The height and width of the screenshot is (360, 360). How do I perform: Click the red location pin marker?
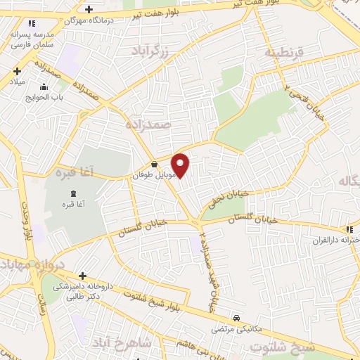pyautogui.click(x=181, y=165)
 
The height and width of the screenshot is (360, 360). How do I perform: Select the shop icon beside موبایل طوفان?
pyautogui.click(x=154, y=165)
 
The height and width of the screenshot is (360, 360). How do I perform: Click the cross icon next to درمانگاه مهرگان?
pyautogui.click(x=89, y=9)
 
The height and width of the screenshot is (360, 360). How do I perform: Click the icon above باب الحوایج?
pyautogui.click(x=44, y=87)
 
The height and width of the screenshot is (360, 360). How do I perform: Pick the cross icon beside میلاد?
pyautogui.click(x=16, y=70)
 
